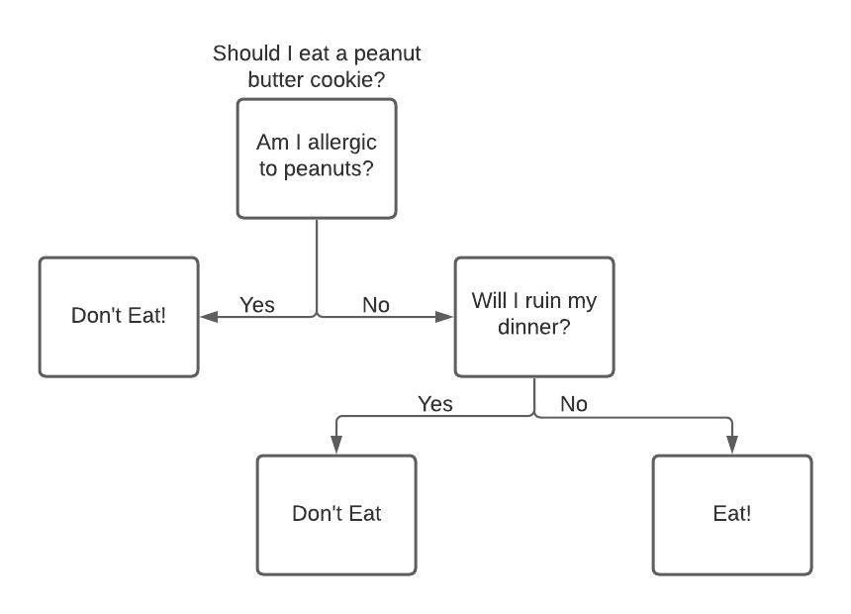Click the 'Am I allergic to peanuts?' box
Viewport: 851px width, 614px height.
(x=317, y=158)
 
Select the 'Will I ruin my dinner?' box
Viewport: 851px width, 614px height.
(x=534, y=317)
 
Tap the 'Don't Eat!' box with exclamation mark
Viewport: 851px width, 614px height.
(x=119, y=317)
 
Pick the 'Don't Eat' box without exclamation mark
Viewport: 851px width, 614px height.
(x=336, y=515)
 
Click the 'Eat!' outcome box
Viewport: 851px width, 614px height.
(x=732, y=515)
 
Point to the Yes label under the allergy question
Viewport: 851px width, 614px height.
(x=257, y=305)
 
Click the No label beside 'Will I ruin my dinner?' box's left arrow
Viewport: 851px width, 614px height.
(x=376, y=305)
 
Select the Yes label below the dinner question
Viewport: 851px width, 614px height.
(x=435, y=404)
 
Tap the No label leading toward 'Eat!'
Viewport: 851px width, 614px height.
(x=574, y=404)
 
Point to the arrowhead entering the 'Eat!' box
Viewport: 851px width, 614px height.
(x=732, y=445)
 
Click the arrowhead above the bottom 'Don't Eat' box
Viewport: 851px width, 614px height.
(x=336, y=445)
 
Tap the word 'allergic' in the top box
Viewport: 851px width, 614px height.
(x=340, y=143)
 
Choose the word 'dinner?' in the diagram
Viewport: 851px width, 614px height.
(x=533, y=326)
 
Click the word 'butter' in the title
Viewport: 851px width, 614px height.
(x=277, y=80)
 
